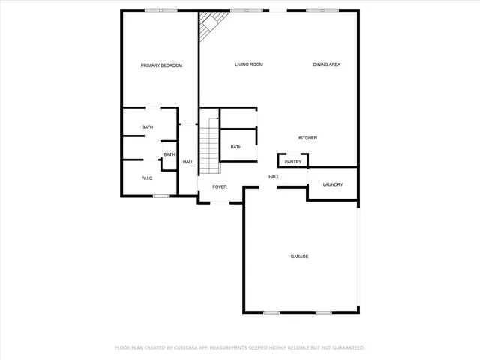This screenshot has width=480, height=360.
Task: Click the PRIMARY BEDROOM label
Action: coord(161,65)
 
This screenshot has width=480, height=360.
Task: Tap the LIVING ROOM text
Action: coord(249,64)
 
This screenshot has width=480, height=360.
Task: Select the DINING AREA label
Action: coord(327,64)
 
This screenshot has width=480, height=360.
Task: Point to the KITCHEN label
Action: coord(308,138)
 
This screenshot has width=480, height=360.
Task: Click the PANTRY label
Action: coord(293,161)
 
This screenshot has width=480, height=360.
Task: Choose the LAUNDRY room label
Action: coord(333,184)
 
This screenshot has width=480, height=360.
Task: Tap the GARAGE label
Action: coord(300,256)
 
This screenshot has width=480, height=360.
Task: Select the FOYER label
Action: coord(219,187)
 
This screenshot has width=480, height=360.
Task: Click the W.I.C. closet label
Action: coord(147,178)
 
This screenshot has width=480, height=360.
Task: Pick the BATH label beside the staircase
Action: coord(236,147)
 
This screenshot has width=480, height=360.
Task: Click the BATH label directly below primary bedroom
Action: coord(148,127)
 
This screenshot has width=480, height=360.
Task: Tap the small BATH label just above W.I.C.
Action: coord(169,154)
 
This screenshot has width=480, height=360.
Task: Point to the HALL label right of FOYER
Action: coord(274,177)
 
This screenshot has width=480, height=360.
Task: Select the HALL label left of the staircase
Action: coord(188,162)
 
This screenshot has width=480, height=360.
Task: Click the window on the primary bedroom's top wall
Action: coord(161,10)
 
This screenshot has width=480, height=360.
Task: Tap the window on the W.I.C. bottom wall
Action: coord(160,196)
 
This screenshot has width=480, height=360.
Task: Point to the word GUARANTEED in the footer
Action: coord(346,348)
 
